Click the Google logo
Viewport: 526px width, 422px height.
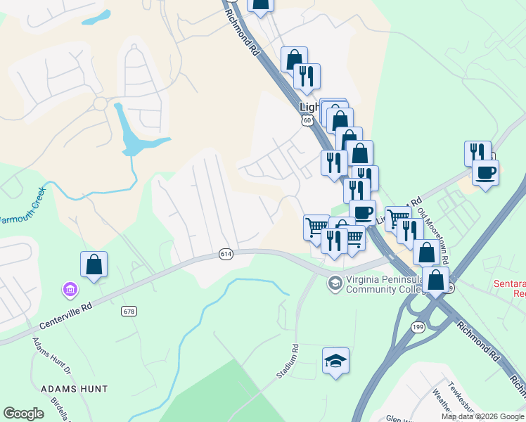(x=24, y=414)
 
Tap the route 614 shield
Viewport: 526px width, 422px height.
(x=225, y=254)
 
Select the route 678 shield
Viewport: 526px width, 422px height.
(x=129, y=311)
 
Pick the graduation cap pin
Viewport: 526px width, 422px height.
(x=335, y=361)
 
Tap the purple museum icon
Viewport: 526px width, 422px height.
(x=70, y=289)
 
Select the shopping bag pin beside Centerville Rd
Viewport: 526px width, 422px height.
(x=94, y=265)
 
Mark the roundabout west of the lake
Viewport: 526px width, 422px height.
(x=100, y=104)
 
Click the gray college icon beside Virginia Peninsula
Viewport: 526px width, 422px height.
(x=334, y=283)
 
